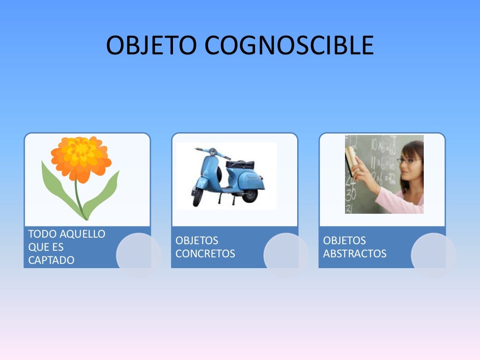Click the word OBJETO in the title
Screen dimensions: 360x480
point(152,45)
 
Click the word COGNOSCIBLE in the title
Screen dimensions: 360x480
point(289,45)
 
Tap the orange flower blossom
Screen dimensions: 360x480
point(81,158)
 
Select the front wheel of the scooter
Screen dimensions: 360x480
point(198,197)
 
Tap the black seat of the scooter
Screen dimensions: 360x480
point(240,165)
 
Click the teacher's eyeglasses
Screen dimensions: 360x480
point(408,161)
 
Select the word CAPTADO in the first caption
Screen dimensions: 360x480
point(51,260)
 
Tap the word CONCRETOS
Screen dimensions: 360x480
point(205,254)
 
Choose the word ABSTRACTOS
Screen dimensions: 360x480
point(355,254)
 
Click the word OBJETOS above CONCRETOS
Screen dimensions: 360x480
point(197,240)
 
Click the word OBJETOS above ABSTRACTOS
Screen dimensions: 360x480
point(345,240)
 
